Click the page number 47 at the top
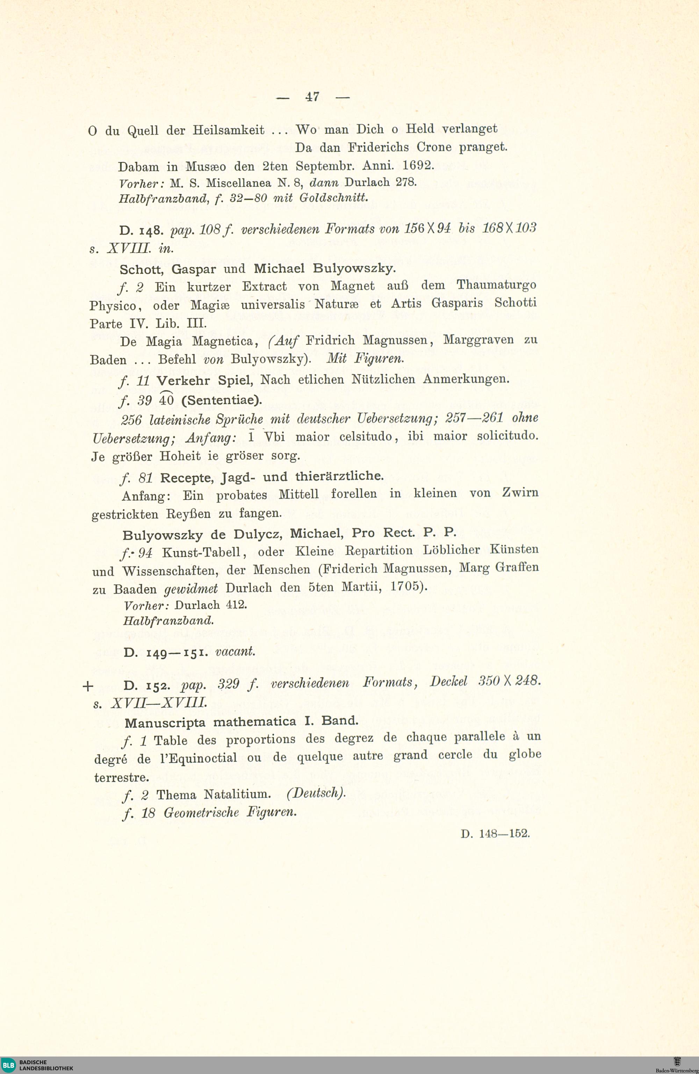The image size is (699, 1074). pos(312,96)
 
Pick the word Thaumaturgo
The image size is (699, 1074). pos(496,286)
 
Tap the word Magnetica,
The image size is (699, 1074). pos(225,341)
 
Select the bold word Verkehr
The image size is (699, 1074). pos(183,380)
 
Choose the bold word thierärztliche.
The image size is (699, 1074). pos(339,476)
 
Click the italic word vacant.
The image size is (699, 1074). pos(235,651)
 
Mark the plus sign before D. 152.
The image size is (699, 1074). pos(88,686)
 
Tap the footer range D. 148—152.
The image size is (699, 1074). pos(495,833)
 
